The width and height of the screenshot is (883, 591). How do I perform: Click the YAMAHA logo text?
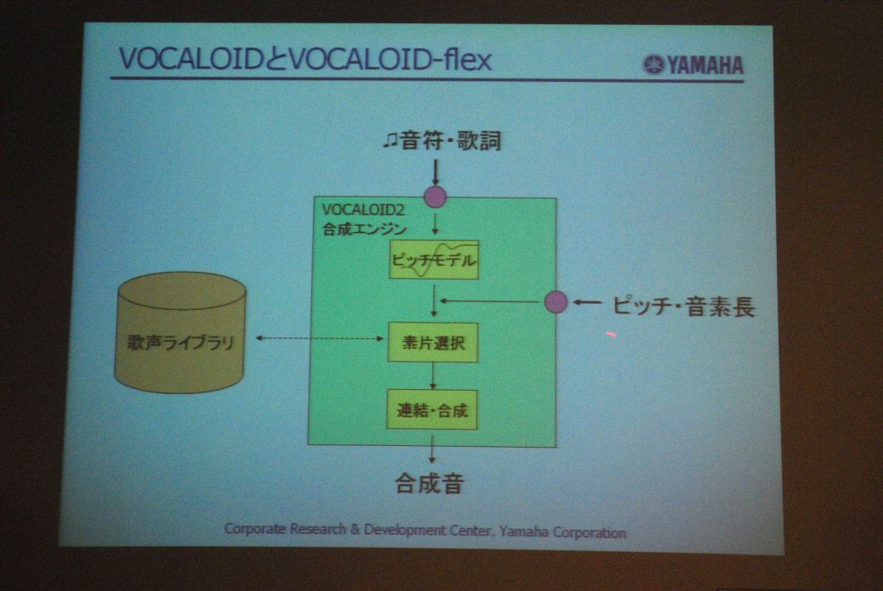coord(705,66)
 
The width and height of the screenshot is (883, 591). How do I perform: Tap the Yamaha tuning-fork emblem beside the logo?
coord(654,64)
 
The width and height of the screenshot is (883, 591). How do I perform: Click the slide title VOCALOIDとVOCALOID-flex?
coord(305,60)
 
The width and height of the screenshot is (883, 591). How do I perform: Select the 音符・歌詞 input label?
coord(442,141)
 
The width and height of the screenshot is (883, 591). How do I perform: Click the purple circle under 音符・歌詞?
coord(435,198)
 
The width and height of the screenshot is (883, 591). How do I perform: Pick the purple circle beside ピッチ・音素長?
coord(556,302)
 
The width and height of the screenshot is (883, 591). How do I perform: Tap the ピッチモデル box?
coord(434,260)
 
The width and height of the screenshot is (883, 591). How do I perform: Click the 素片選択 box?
coord(433,343)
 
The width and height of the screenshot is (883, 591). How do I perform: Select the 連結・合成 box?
coord(432,410)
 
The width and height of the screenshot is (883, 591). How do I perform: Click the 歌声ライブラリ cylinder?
coord(180,332)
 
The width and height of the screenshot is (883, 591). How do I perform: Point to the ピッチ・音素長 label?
coord(684,307)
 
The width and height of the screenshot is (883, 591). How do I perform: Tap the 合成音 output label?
coord(429,483)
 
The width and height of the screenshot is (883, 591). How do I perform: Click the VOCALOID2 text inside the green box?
coord(363,211)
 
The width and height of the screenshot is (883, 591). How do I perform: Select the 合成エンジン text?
coord(365,229)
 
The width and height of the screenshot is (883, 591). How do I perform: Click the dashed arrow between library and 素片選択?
coord(320,338)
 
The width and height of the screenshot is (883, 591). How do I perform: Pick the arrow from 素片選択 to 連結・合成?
coord(433,376)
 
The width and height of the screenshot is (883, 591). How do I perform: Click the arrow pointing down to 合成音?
coord(432,449)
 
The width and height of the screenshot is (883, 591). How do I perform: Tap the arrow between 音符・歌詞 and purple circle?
coord(435,173)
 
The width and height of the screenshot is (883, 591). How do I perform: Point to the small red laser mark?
coord(611,335)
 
